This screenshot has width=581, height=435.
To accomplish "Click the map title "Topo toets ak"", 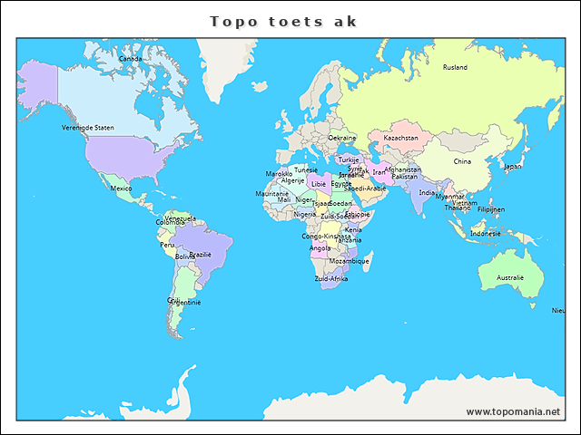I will (x=283, y=21).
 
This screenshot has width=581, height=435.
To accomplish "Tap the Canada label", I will (x=131, y=59).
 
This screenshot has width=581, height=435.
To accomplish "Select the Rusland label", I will (x=455, y=67).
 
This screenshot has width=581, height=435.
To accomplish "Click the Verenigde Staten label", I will (x=88, y=128).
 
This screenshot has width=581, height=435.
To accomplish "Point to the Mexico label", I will (x=121, y=188).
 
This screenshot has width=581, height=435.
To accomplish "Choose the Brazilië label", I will (x=200, y=255).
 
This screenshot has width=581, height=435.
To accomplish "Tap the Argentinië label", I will (x=187, y=302).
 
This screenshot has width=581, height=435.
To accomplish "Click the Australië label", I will (x=509, y=277).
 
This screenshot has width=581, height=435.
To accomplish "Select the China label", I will (x=462, y=161).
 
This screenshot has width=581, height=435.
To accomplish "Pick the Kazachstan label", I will (x=400, y=138).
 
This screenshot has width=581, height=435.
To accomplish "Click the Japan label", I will (x=513, y=166).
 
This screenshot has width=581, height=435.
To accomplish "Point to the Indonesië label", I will (x=486, y=233).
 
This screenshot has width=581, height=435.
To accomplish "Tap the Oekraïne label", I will (x=342, y=138).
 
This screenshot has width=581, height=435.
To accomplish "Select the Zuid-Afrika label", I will (x=330, y=278).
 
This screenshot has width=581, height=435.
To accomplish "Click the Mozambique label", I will (x=350, y=261).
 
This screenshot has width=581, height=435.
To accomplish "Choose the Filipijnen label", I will (x=491, y=208).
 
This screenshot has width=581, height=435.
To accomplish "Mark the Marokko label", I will (x=279, y=173).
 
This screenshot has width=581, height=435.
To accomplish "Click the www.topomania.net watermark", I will (x=513, y=411).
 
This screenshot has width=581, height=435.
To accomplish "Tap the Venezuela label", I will (x=181, y=218).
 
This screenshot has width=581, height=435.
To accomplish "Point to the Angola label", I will (x=320, y=247).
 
